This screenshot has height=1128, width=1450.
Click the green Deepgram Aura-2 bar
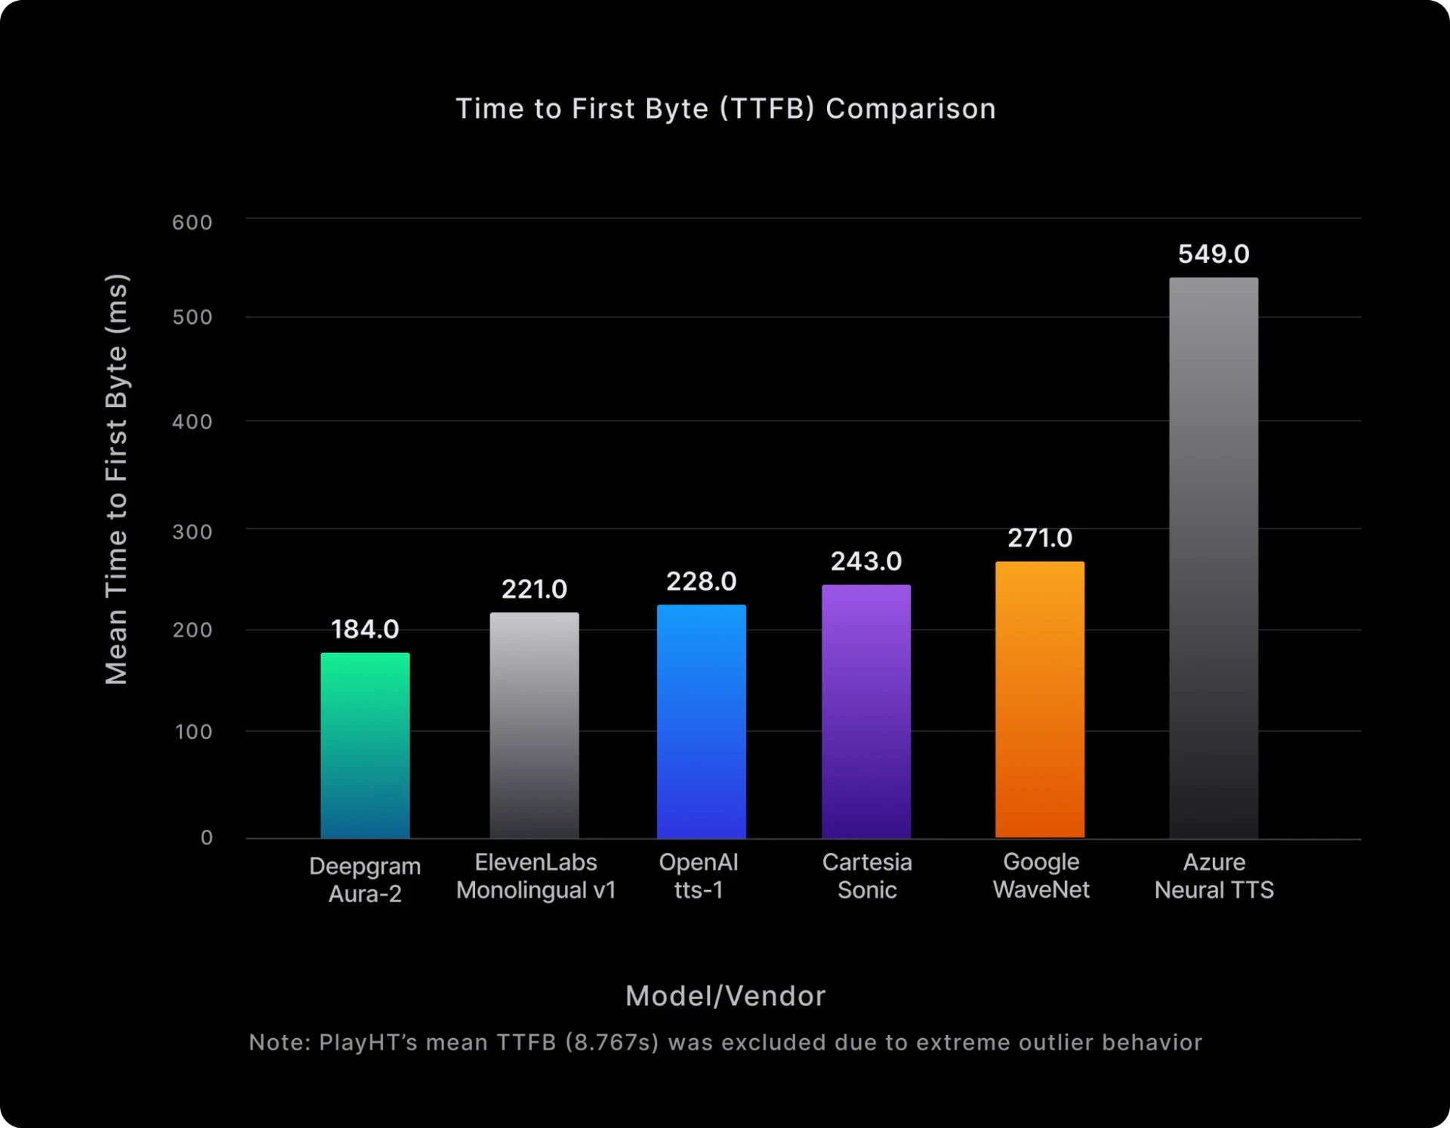[365, 745]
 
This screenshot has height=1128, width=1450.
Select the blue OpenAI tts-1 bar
[701, 721]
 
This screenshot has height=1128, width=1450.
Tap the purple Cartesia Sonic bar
[866, 711]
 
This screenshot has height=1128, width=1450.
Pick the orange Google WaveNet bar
[1039, 699]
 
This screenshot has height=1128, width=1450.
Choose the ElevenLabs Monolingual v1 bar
[534, 725]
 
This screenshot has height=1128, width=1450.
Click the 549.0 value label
[1214, 254]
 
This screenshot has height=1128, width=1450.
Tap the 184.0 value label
[365, 629]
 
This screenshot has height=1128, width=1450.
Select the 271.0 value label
[1039, 538]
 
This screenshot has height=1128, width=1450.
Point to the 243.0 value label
[866, 561]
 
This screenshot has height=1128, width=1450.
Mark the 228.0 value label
[701, 581]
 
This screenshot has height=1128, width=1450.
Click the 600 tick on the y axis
[192, 223]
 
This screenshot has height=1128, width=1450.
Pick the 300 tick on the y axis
[192, 532]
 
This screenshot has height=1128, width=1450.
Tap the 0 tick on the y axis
[206, 837]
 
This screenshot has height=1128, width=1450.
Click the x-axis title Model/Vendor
[725, 996]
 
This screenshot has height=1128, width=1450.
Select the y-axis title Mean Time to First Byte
[116, 479]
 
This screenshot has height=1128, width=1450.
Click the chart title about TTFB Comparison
[725, 109]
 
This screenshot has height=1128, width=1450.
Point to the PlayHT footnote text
[725, 1043]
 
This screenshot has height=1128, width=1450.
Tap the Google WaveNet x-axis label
[1041, 876]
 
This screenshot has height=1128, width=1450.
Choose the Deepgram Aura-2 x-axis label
[365, 880]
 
